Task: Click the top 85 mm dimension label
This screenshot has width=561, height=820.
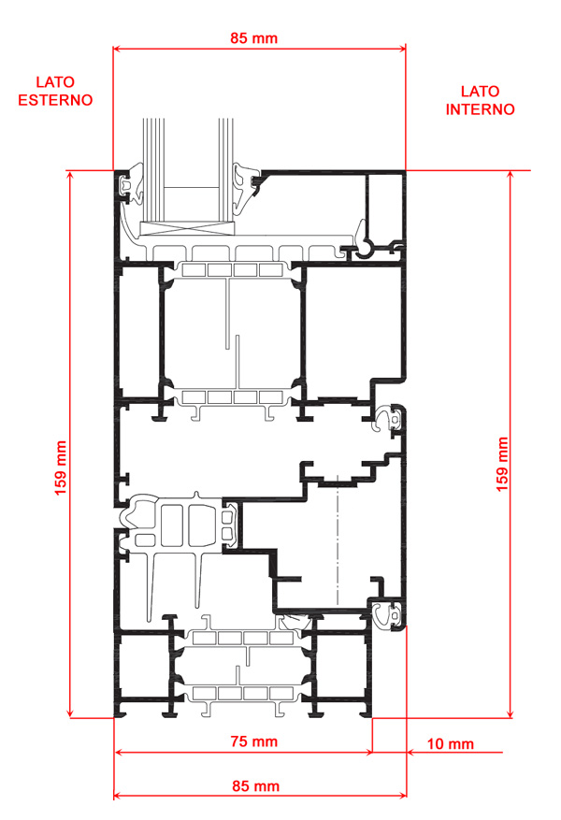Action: [253, 38]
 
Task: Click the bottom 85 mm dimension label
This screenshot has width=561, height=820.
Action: [255, 786]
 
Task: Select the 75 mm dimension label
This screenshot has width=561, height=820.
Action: [254, 741]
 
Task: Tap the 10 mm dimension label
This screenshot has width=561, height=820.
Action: [451, 743]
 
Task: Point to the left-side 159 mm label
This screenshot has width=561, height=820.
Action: [61, 468]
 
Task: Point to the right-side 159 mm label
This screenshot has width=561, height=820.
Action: [502, 465]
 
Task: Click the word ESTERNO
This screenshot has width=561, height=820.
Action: [55, 100]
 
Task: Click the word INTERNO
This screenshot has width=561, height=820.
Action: [480, 109]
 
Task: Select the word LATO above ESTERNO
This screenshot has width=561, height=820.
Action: [55, 82]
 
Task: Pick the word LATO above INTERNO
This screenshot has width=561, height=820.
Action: [480, 92]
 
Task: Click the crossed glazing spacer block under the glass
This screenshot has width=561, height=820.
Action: [187, 227]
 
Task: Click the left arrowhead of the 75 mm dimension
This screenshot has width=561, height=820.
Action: [118, 753]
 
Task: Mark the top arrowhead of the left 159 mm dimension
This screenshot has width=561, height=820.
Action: [70, 174]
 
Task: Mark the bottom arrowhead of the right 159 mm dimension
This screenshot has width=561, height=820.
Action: [511, 713]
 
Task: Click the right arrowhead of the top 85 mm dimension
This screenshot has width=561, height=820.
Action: [401, 49]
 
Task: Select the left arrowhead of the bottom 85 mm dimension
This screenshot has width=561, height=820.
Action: [118, 796]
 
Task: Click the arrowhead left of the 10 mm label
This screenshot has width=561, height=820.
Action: [411, 753]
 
